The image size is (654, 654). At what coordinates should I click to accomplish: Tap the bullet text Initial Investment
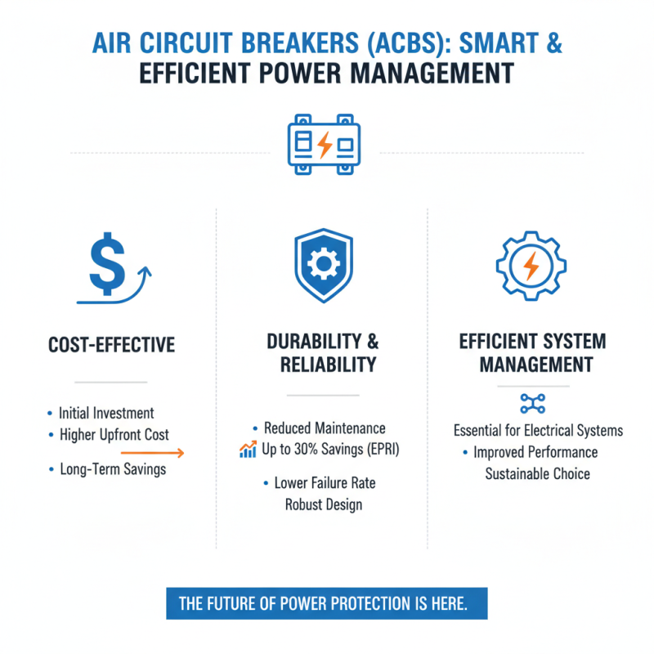pyautogui.click(x=106, y=413)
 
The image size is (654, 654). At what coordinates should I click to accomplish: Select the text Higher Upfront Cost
pyautogui.click(x=114, y=434)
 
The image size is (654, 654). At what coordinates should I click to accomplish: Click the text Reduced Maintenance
pyautogui.click(x=325, y=428)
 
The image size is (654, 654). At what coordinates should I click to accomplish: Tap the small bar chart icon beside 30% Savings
pyautogui.click(x=249, y=449)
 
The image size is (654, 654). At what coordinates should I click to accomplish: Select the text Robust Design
pyautogui.click(x=324, y=504)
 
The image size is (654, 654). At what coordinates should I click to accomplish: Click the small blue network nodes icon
pyautogui.click(x=532, y=403)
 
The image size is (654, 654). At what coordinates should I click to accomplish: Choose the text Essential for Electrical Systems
pyautogui.click(x=538, y=431)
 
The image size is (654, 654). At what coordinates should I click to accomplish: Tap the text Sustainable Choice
pyautogui.click(x=537, y=473)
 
